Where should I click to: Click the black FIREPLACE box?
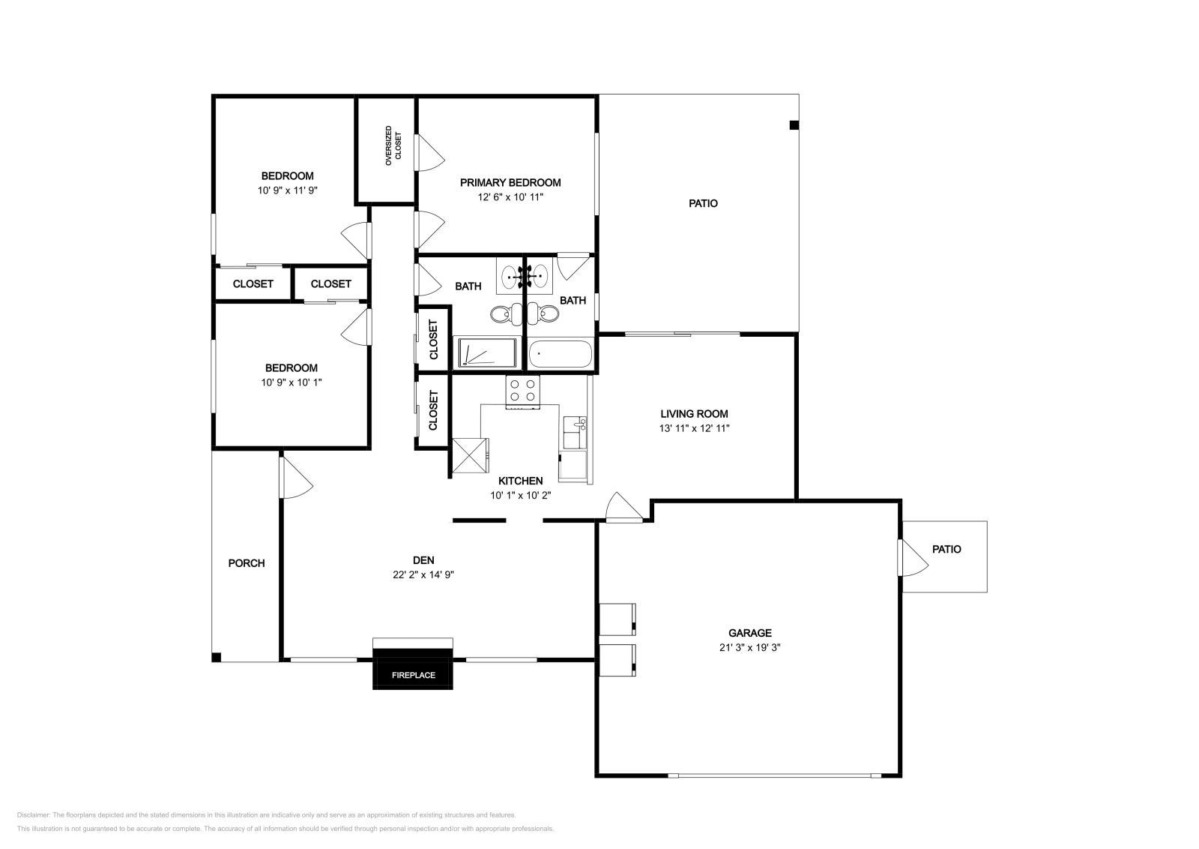[x=413, y=669]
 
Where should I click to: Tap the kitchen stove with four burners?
[x=522, y=392]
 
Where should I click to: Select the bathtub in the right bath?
[x=560, y=354]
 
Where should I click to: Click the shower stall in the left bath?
[x=487, y=352]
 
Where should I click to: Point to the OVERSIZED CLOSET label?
[x=393, y=145]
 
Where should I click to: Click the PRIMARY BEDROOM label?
[x=510, y=183]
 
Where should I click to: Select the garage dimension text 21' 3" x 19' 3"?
[x=750, y=647]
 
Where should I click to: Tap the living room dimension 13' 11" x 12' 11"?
[x=694, y=428]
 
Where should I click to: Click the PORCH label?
[x=247, y=563]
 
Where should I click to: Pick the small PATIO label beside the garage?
[x=946, y=549]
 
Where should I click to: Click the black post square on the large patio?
[x=794, y=125]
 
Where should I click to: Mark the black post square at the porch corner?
[x=217, y=657]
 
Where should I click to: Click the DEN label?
[x=423, y=560]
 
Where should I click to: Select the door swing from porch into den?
[x=296, y=477]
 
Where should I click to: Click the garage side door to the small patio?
[x=913, y=557]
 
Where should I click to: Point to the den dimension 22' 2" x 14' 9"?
[x=423, y=574]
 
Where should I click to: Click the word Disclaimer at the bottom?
[x=33, y=814]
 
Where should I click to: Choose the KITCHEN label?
[x=520, y=481]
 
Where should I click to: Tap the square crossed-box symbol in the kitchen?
[x=471, y=455]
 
